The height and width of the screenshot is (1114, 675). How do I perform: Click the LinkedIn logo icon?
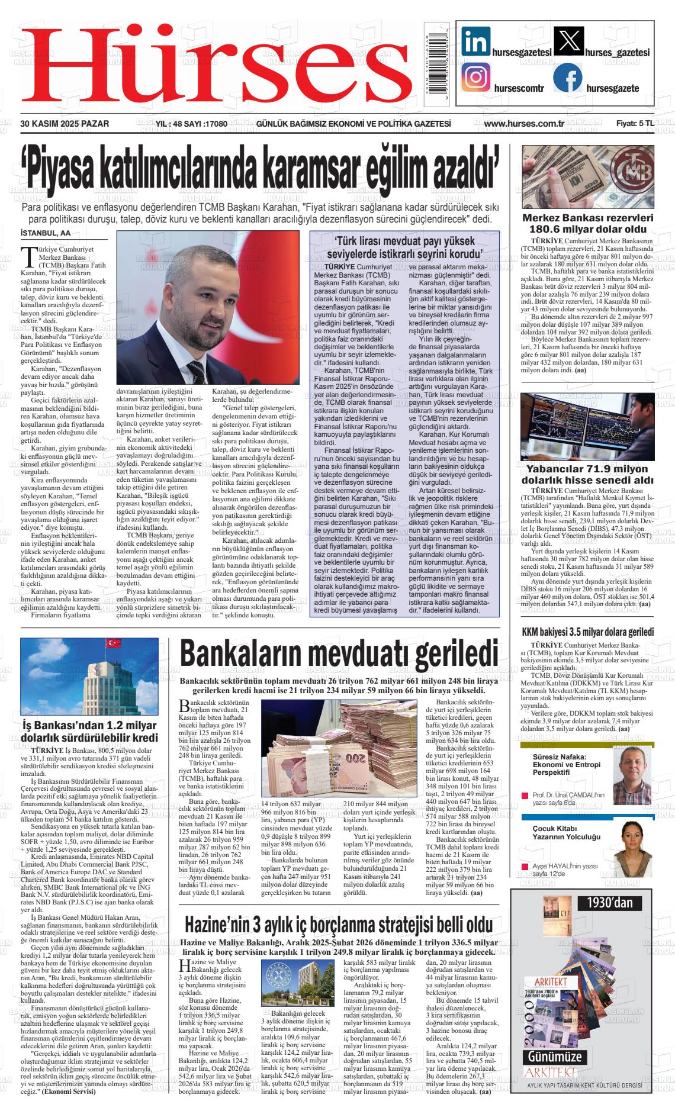pyautogui.click(x=476, y=41)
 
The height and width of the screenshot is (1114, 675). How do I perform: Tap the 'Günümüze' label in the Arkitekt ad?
pyautogui.click(x=555, y=1057)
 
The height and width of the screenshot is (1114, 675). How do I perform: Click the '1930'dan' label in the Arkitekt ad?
pyautogui.click(x=609, y=903)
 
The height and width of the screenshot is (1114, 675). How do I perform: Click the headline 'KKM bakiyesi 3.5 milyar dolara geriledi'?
pyautogui.click(x=587, y=632)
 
